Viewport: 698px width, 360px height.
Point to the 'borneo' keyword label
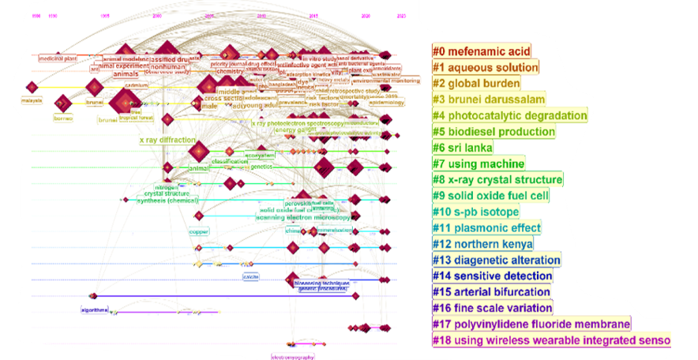pos(62,118)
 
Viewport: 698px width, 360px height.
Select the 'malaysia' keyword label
pos(31,101)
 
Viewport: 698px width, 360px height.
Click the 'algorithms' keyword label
pos(94,310)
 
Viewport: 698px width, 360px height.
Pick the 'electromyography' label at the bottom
pos(292,357)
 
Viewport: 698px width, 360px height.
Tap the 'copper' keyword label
pos(197,232)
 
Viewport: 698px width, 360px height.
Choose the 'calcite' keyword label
pos(251,276)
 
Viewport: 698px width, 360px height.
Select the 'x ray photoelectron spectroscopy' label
pos(291,123)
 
